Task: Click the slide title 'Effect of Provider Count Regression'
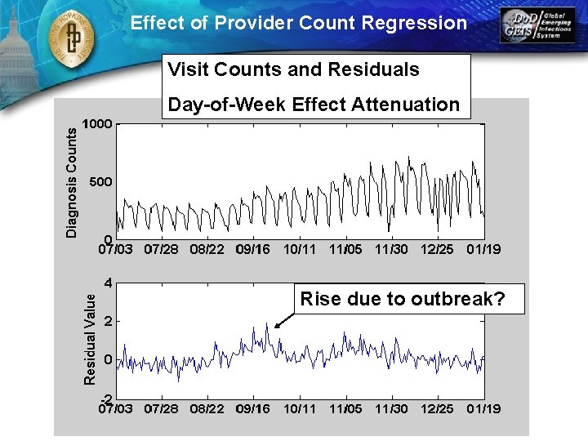[299, 23]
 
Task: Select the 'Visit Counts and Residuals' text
[294, 69]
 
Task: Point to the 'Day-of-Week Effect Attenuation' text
[314, 105]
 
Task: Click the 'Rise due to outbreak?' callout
[402, 299]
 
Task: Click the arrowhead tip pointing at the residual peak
[275, 328]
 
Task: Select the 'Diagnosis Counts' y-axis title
[72, 181]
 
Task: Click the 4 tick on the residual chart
[109, 283]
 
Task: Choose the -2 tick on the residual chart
[106, 398]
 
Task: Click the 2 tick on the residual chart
[109, 322]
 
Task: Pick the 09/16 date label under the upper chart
[253, 248]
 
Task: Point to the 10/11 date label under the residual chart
[300, 407]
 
